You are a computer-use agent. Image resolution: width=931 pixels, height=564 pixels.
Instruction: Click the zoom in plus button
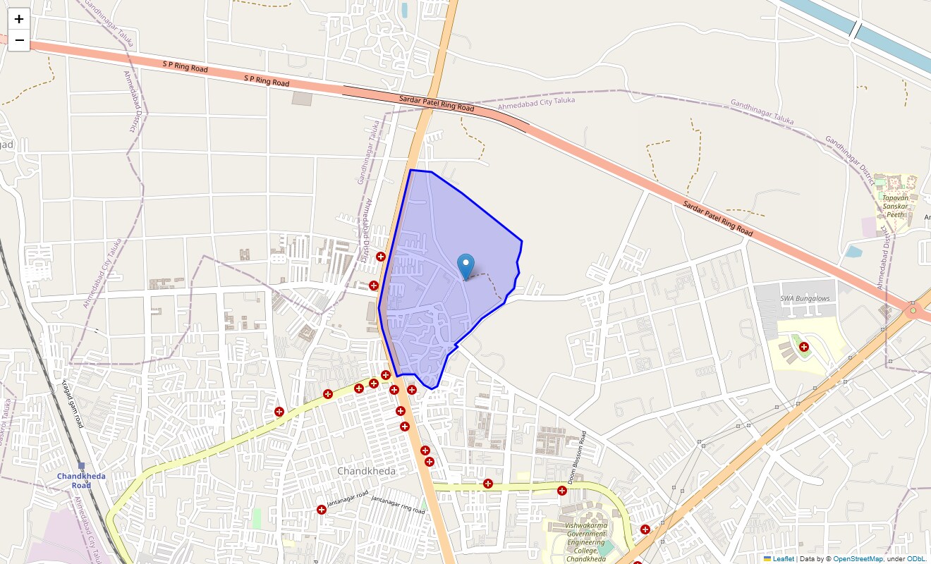click(19, 19)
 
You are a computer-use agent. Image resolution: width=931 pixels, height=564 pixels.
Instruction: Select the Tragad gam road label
click(72, 403)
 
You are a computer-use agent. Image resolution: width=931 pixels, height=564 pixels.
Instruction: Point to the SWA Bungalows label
click(805, 298)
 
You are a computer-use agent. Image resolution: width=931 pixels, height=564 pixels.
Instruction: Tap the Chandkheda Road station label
click(81, 480)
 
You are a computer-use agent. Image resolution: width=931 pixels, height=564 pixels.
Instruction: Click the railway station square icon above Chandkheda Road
click(81, 466)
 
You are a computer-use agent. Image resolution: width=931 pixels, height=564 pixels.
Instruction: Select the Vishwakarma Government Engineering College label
click(586, 541)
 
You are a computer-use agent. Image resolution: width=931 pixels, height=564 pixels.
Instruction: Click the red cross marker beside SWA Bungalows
click(803, 346)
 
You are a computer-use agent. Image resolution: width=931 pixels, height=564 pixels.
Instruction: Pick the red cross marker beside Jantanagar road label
click(322, 509)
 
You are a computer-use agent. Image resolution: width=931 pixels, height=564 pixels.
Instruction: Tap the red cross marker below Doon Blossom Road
click(562, 491)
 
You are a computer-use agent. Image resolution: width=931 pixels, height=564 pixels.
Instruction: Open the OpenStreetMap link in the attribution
click(858, 559)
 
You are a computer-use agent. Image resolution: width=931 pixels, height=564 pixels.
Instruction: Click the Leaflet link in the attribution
click(783, 559)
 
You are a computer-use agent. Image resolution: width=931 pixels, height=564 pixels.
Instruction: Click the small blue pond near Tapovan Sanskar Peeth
click(853, 251)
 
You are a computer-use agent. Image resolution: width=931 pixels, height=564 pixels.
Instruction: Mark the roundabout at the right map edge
click(913, 310)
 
